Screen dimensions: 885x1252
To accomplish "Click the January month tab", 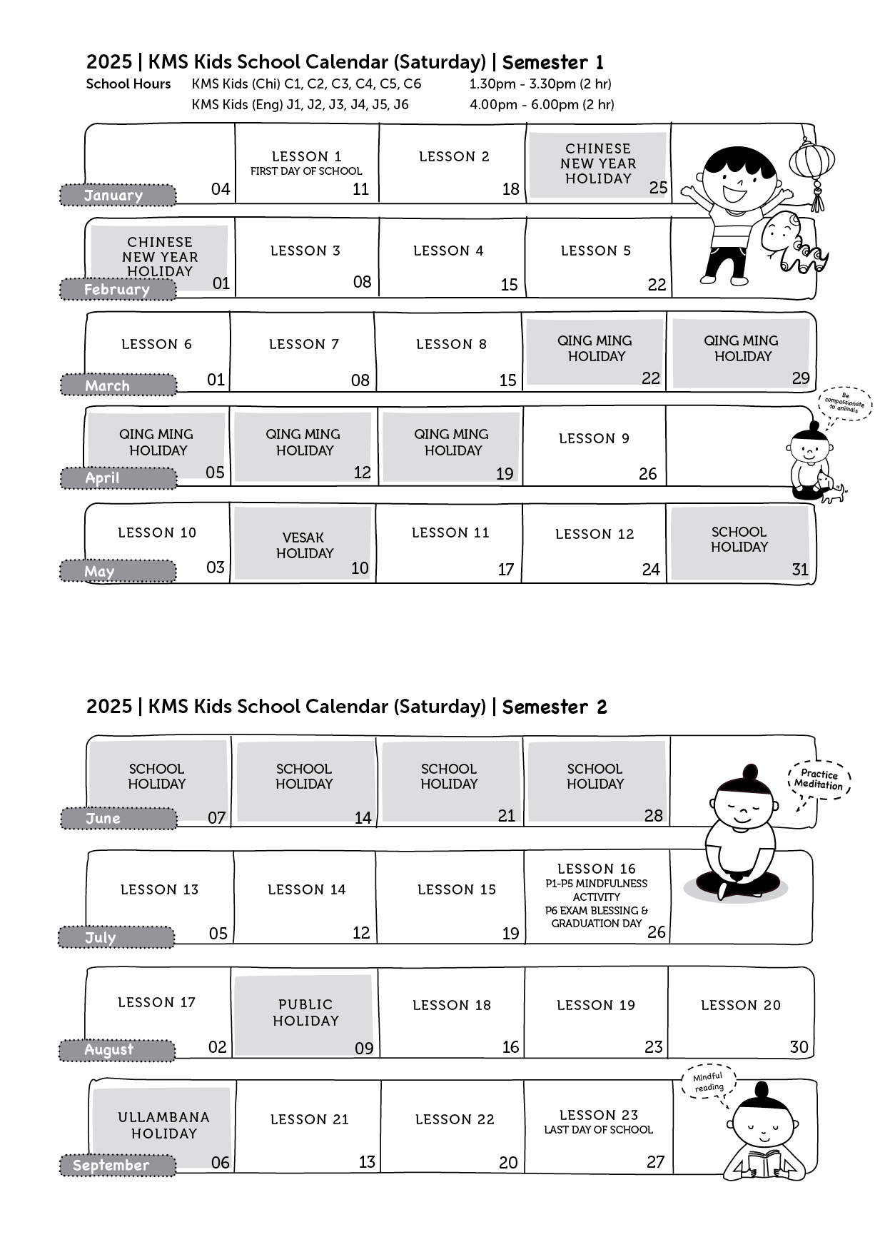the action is pyautogui.click(x=118, y=195).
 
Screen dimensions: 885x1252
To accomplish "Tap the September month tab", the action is pyautogui.click(x=118, y=1165).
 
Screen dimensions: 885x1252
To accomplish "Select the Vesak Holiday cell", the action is pyautogui.click(x=303, y=543).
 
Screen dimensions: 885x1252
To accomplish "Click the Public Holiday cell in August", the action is pyautogui.click(x=305, y=1014).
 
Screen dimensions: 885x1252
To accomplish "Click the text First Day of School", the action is pyautogui.click(x=306, y=171).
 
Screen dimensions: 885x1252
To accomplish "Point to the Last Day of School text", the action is pyautogui.click(x=598, y=1130).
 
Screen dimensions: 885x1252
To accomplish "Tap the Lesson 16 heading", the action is pyautogui.click(x=597, y=869).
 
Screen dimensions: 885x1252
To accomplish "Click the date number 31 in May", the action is pyautogui.click(x=800, y=569).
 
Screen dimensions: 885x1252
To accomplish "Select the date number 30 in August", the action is pyautogui.click(x=799, y=1046).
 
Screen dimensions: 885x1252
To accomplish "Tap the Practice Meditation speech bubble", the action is pyautogui.click(x=820, y=779).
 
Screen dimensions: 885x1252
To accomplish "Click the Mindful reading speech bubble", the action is pyautogui.click(x=709, y=1082).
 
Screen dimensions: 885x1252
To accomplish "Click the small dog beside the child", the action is pyautogui.click(x=831, y=489).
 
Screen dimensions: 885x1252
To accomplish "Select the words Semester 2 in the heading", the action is pyautogui.click(x=555, y=707).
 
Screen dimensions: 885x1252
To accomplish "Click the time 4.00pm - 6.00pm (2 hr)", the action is pyautogui.click(x=542, y=104).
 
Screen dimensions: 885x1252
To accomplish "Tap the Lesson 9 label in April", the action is pyautogui.click(x=595, y=438).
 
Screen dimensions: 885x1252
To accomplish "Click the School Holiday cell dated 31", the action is pyautogui.click(x=740, y=542).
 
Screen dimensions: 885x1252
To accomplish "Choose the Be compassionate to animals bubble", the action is pyautogui.click(x=846, y=405).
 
